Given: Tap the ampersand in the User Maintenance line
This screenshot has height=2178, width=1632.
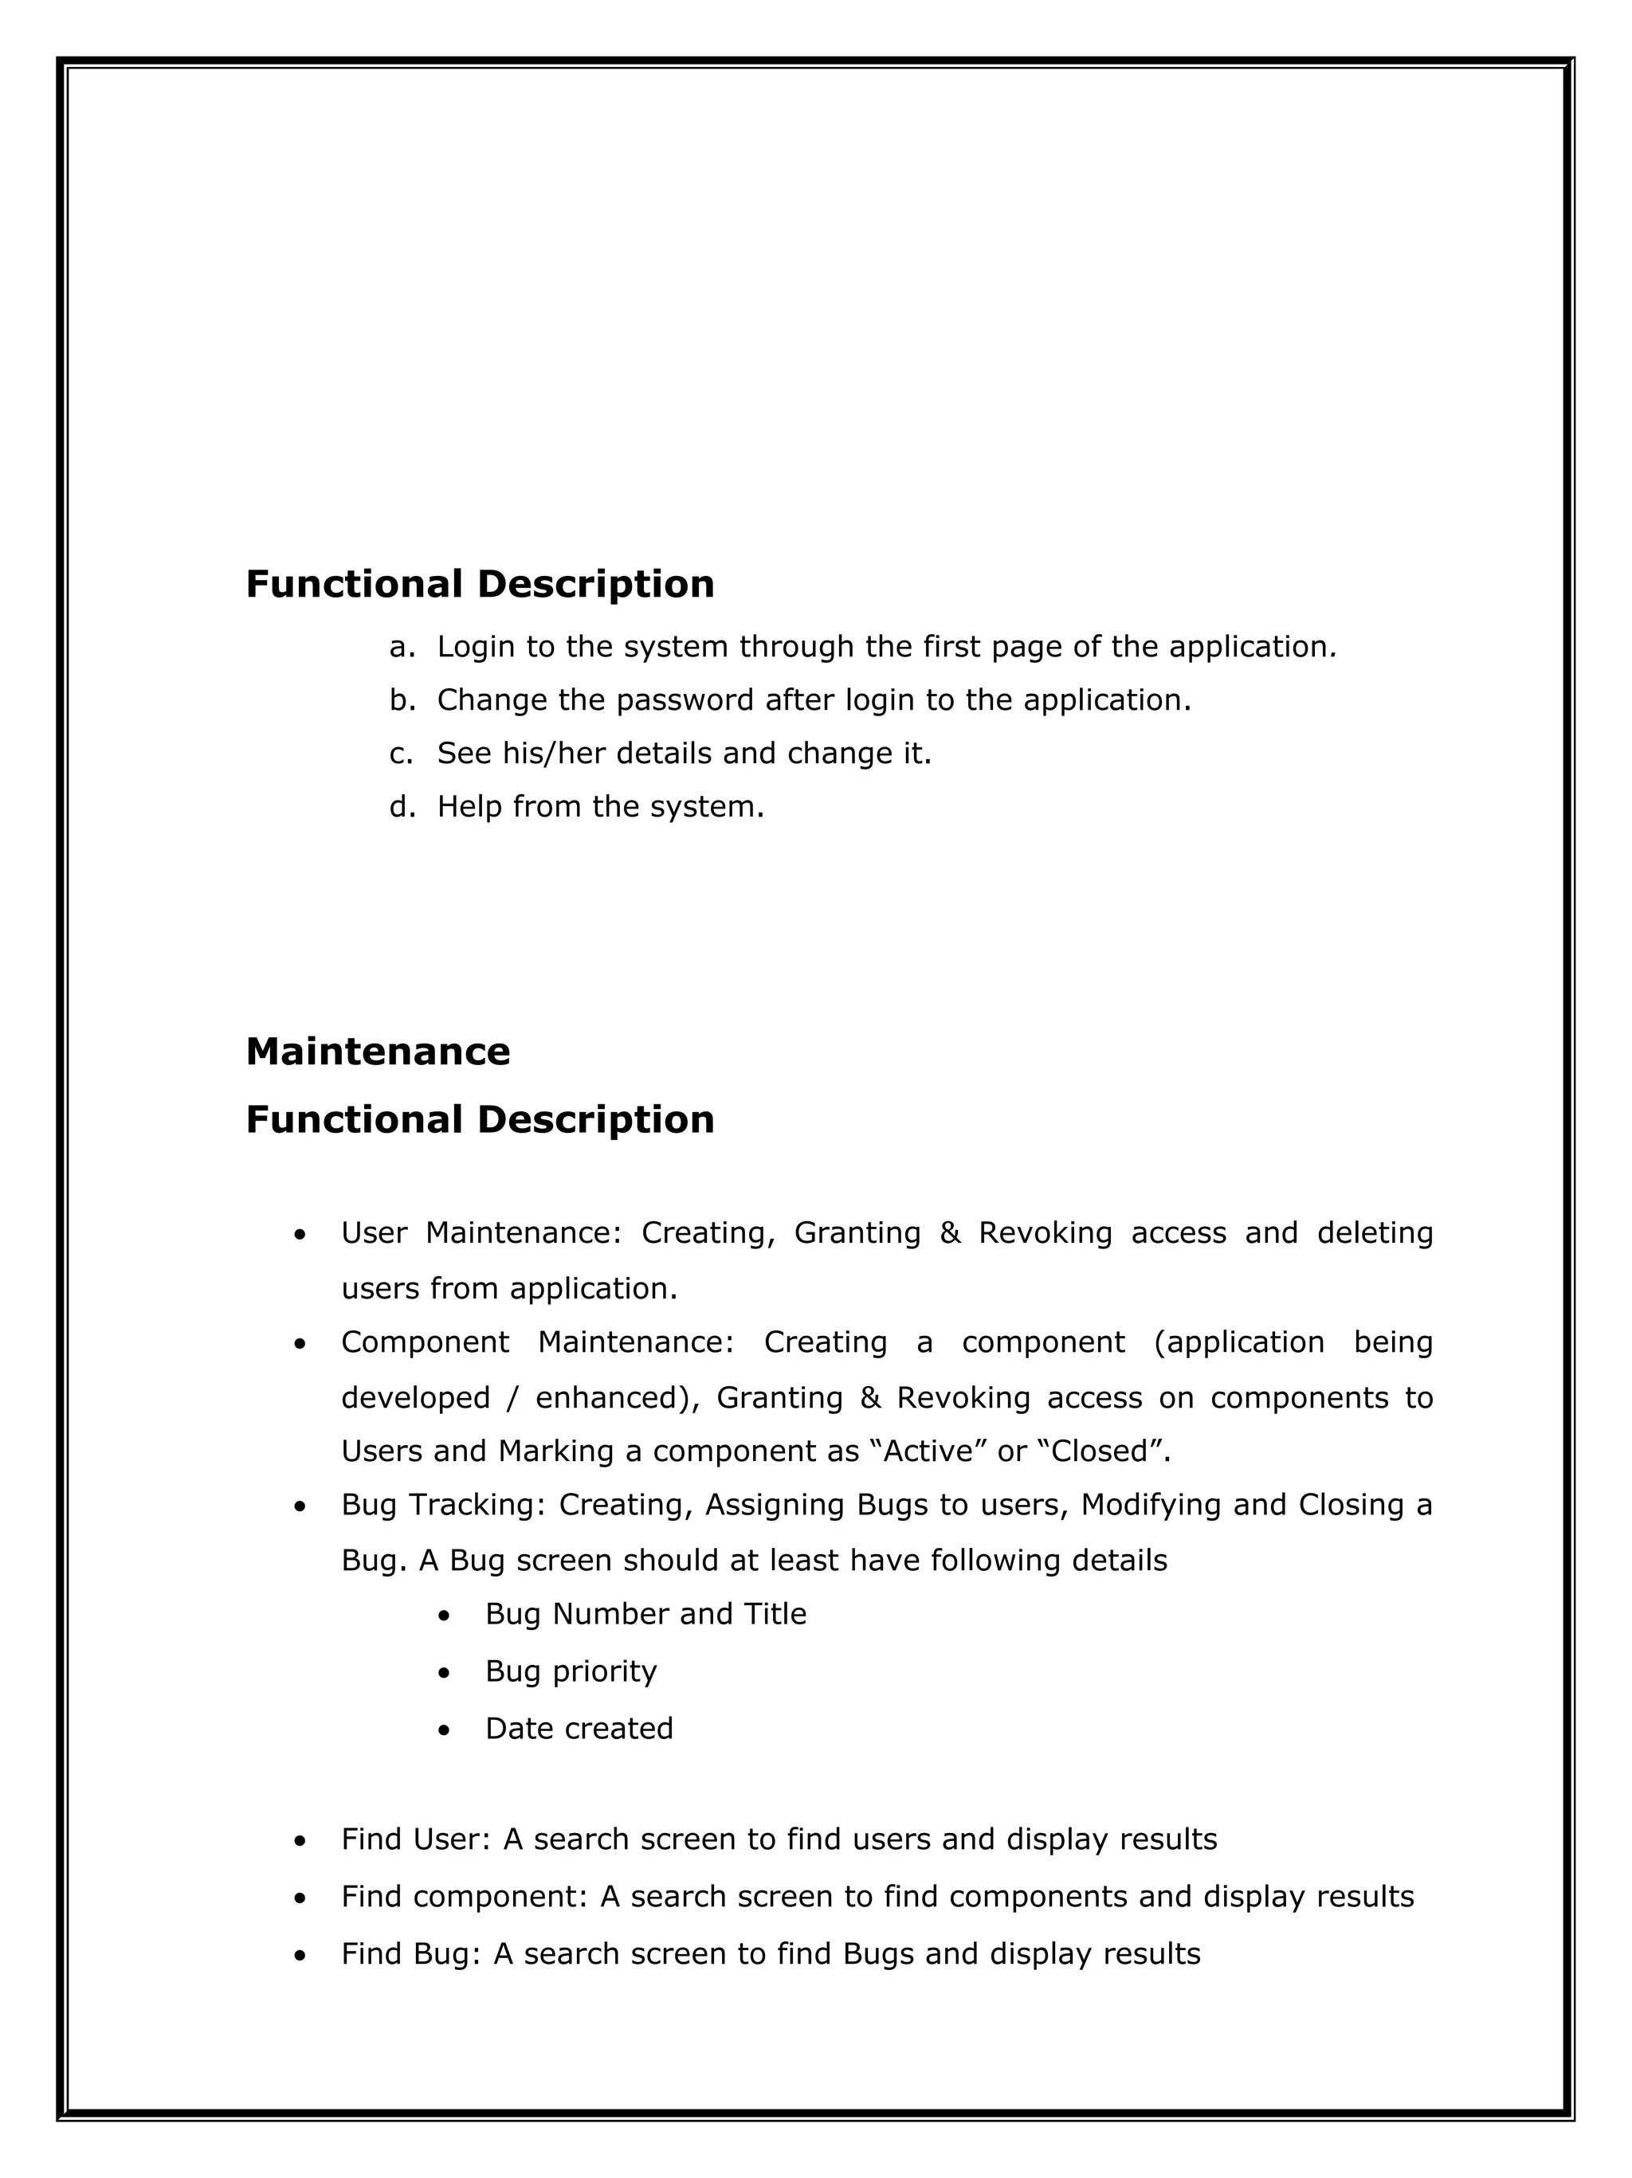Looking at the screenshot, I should pyautogui.click(x=949, y=1232).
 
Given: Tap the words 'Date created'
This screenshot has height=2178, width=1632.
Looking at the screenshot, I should pyautogui.click(x=579, y=1728).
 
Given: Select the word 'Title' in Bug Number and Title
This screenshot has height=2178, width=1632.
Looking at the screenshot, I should pyautogui.click(x=780, y=1615).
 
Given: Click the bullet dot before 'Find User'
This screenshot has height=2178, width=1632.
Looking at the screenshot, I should pyautogui.click(x=300, y=1841).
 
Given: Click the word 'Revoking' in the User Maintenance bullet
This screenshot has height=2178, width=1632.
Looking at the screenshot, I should pyautogui.click(x=1045, y=1232).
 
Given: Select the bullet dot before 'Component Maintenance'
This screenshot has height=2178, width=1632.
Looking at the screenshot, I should pyautogui.click(x=300, y=1344).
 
